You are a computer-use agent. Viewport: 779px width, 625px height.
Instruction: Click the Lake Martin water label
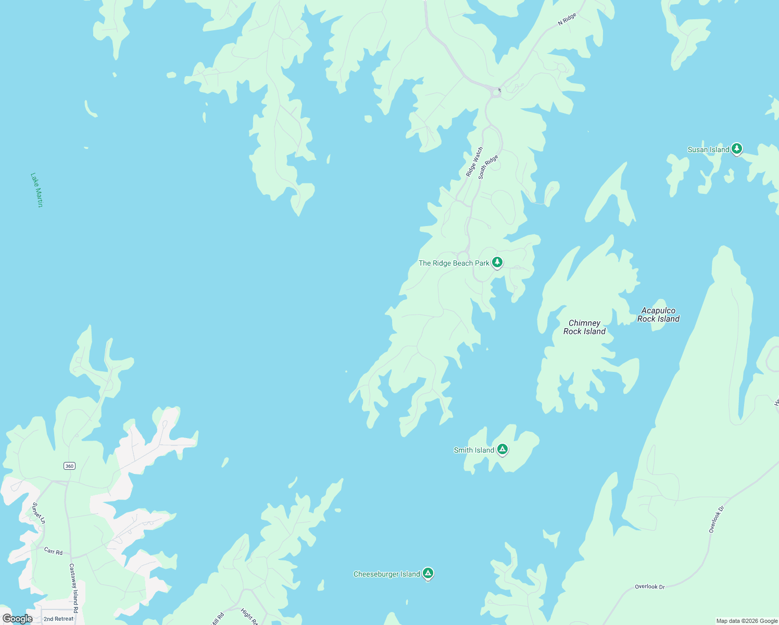click(36, 190)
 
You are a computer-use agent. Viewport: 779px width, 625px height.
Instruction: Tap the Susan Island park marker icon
click(736, 149)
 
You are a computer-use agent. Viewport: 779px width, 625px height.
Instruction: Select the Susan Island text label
click(708, 150)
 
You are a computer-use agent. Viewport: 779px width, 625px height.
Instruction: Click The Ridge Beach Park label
click(454, 264)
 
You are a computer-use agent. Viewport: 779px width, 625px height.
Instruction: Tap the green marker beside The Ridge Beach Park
click(497, 262)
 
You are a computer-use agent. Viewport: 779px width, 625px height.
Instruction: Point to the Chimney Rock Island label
click(584, 327)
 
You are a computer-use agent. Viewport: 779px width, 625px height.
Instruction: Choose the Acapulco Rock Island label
click(658, 315)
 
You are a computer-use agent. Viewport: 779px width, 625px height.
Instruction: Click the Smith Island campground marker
click(502, 449)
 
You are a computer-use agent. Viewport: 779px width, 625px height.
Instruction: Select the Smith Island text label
click(474, 451)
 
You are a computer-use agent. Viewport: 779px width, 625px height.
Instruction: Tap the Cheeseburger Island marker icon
click(428, 573)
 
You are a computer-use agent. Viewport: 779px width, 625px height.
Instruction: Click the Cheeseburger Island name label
click(386, 574)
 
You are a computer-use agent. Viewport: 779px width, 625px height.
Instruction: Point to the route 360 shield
click(70, 466)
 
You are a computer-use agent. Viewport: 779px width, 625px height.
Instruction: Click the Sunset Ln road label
click(39, 513)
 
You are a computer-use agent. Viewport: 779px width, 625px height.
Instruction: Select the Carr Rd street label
click(53, 551)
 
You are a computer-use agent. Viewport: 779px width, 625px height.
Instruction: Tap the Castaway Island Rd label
click(74, 587)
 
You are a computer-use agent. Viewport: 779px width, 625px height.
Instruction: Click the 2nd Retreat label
click(58, 619)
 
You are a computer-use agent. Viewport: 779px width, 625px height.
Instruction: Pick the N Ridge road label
click(567, 19)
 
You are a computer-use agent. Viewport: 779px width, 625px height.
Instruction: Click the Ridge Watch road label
click(474, 162)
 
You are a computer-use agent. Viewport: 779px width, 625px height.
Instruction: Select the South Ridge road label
click(488, 167)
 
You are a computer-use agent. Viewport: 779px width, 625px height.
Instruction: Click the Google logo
click(18, 619)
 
